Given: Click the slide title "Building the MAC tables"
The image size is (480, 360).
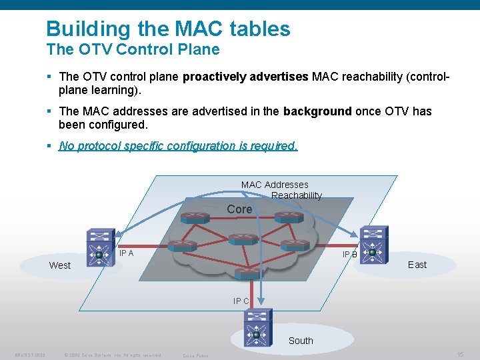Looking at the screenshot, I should coord(168,29).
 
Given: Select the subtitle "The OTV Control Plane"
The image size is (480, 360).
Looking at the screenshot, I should coord(133,49).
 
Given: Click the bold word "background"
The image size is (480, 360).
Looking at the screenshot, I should coord(317,111).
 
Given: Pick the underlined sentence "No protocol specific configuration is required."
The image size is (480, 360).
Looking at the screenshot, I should coord(178,146).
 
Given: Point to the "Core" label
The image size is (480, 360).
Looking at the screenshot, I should coord(239,209).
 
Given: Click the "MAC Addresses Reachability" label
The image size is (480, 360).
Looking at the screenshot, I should coord(280,190).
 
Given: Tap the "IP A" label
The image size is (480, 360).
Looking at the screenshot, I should coord(126,253).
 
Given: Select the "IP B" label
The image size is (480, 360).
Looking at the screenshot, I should coord(349,255).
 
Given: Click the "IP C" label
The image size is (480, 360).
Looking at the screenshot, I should coord(241,301).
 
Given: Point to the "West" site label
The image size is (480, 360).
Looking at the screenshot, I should coord(60,265).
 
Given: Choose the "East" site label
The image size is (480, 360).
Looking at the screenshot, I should coord(417,265).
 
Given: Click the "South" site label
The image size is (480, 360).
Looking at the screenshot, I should coord(301,341).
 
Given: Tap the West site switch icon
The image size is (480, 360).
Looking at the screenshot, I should coord(100,247).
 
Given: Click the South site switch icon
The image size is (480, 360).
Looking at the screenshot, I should coord(258,327).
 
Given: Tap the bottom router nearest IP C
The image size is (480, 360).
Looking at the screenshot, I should coord(247,273).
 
